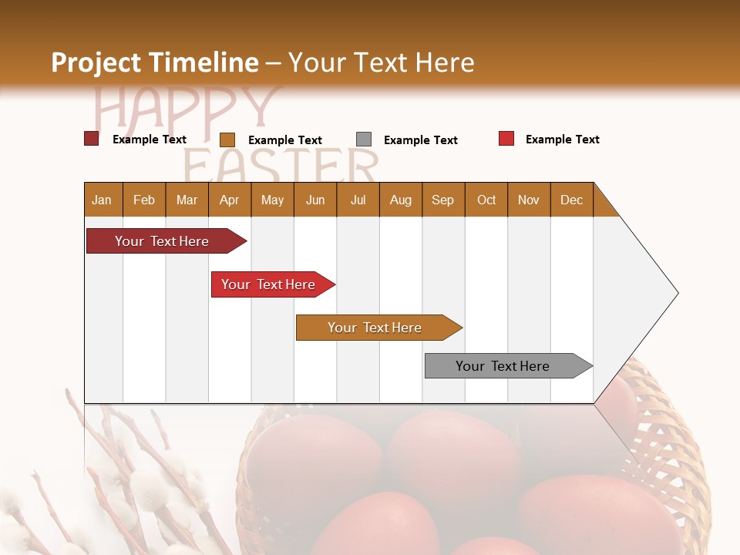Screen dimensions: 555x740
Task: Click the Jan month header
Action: [x=102, y=200]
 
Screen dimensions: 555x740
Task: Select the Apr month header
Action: [x=229, y=200]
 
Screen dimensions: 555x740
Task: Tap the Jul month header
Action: [x=358, y=200]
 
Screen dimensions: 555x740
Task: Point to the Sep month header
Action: [x=442, y=200]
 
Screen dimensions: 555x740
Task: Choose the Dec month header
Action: [x=571, y=200]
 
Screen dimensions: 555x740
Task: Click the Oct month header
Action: [x=486, y=200]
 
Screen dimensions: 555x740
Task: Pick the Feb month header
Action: [x=144, y=200]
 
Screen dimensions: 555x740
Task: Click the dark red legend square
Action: [x=91, y=139]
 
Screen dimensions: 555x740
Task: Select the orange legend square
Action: [x=227, y=140]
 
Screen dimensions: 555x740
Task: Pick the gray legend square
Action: [x=364, y=140]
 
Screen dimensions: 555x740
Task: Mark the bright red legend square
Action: [x=506, y=139]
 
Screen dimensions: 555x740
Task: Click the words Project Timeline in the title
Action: [x=154, y=62]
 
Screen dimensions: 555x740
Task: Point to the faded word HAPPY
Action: [x=185, y=108]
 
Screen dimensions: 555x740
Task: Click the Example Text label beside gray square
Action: [x=420, y=140]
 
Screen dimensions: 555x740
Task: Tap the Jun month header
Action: [x=315, y=200]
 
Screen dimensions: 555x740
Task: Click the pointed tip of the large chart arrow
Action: [x=676, y=293]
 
